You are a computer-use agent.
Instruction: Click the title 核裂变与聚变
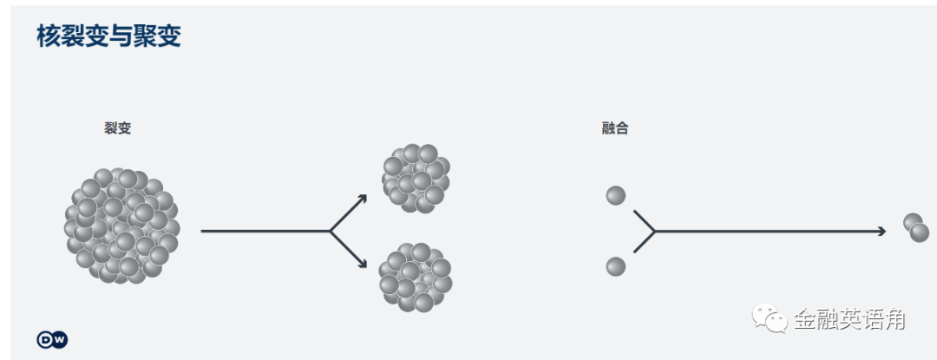click(x=108, y=36)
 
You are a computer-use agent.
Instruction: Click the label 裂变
click(x=117, y=128)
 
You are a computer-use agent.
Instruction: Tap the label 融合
click(x=614, y=128)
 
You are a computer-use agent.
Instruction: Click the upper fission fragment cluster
click(x=416, y=179)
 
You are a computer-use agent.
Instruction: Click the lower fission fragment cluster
click(x=416, y=277)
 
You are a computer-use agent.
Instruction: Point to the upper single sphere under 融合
click(x=616, y=195)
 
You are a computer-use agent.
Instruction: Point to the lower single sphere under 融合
click(x=616, y=266)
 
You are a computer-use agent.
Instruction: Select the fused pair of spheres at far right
click(x=915, y=227)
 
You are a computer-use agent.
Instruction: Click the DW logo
click(x=52, y=339)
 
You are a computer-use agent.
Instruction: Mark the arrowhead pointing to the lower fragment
click(x=363, y=265)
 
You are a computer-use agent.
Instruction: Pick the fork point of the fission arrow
click(x=331, y=232)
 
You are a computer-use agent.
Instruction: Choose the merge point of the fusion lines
click(x=653, y=232)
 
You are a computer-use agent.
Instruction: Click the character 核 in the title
click(x=49, y=36)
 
